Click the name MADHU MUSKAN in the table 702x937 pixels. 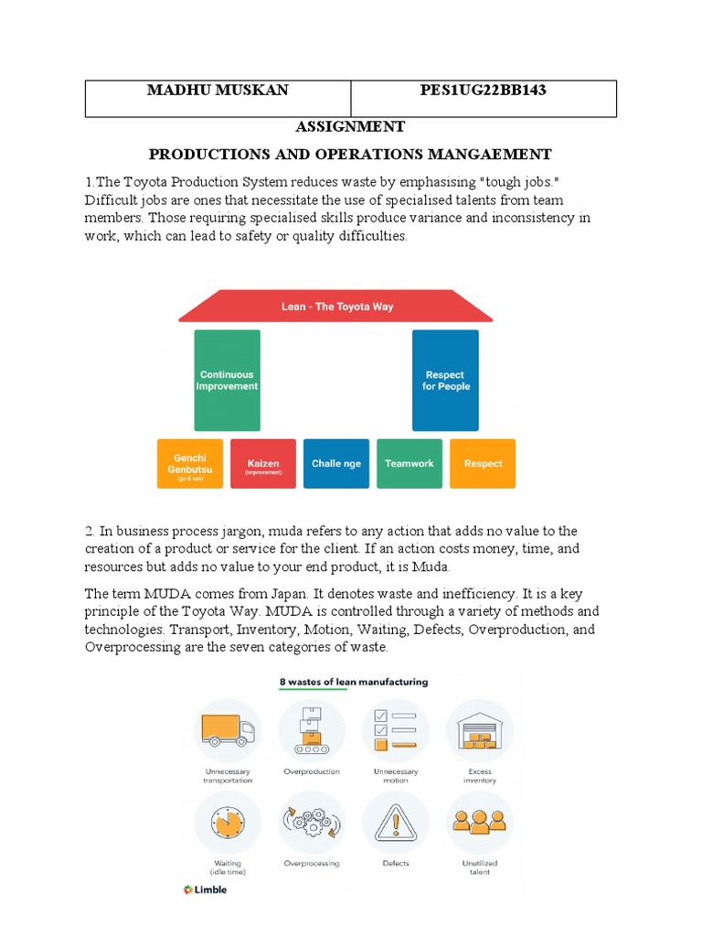218,91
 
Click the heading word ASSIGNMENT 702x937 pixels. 350,126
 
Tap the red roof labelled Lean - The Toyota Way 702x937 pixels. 336,307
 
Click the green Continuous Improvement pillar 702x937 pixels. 227,381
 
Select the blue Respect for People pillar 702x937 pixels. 445,381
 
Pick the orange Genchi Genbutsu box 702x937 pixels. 189,464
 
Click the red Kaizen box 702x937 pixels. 262,464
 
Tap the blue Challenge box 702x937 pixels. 336,464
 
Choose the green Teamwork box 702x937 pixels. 409,464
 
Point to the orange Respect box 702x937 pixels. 483,464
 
